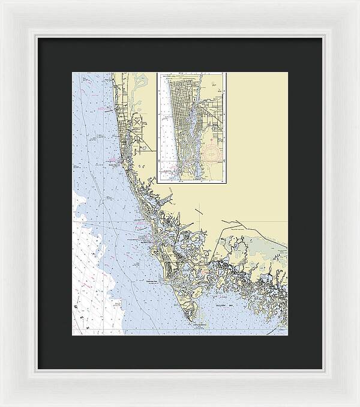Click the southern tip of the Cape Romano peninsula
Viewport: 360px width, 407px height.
(x=194, y=321)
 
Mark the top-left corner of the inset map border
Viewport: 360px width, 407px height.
(x=158, y=73)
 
